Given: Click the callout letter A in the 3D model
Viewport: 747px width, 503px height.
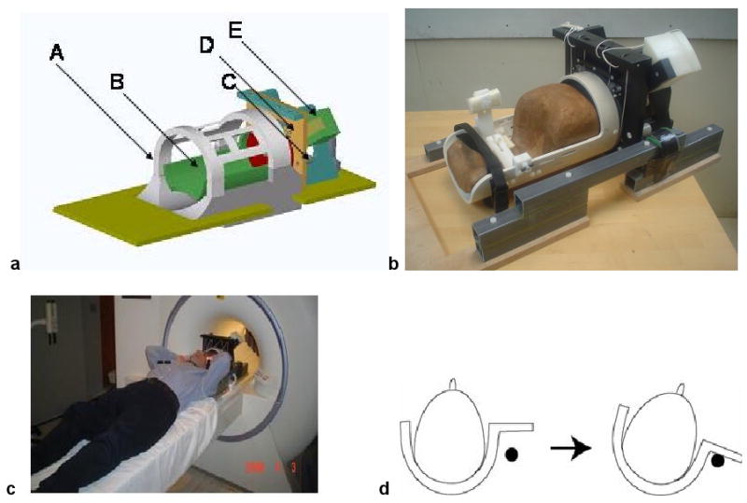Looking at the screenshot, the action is [x=57, y=56].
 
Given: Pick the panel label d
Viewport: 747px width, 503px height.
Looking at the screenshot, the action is [x=384, y=487].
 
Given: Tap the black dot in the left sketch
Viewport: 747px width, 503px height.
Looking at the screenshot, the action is [x=511, y=454].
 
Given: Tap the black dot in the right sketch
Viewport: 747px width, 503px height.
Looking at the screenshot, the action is [x=717, y=460].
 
